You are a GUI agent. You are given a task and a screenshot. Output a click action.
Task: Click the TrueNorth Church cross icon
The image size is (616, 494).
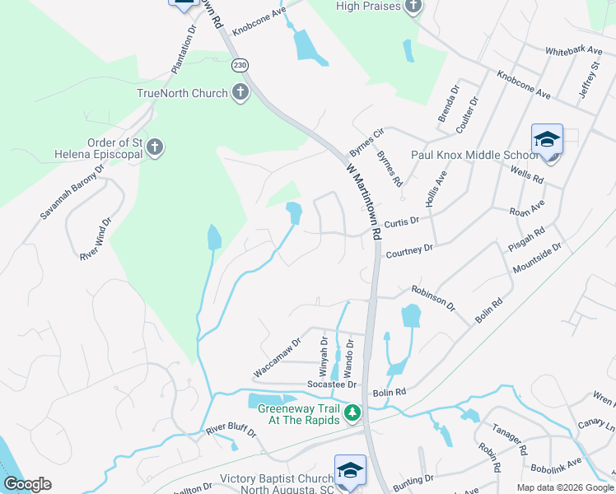[239, 92]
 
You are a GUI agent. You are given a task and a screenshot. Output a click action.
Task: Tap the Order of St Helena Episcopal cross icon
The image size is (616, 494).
[154, 148]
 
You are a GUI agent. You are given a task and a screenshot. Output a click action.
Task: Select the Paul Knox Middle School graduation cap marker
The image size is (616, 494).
[547, 141]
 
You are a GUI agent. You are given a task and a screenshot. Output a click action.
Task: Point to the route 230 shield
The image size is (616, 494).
[239, 65]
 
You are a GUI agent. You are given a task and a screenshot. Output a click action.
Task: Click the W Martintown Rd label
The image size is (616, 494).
[363, 199]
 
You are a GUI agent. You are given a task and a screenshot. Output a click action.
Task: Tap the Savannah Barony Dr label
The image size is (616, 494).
[72, 191]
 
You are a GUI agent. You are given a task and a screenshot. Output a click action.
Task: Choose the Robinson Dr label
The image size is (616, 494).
[433, 297]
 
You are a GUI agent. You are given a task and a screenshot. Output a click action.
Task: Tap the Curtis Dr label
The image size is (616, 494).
[402, 221]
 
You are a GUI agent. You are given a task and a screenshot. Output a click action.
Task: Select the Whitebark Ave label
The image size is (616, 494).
[573, 50]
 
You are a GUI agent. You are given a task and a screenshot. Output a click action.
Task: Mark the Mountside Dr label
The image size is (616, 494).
[537, 258]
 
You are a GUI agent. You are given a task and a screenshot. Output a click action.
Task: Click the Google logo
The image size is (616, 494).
[27, 484]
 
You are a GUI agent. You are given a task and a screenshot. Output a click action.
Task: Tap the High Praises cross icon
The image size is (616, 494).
[413, 7]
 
